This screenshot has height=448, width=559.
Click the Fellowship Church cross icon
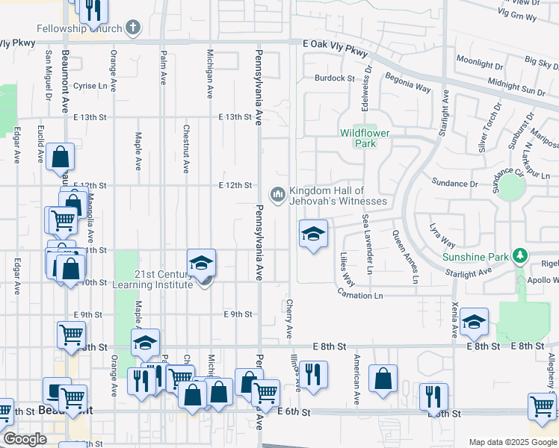(x=134, y=28)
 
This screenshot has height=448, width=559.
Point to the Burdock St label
(x=334, y=78)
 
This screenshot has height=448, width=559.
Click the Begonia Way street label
(x=408, y=82)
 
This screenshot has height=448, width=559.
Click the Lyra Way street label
(x=442, y=234)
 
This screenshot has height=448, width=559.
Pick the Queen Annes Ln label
(x=405, y=257)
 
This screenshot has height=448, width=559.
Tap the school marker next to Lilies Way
(x=314, y=234)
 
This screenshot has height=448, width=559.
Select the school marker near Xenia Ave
(x=474, y=323)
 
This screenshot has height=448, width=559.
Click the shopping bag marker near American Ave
(x=383, y=378)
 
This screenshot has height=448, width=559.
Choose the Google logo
(x=25, y=439)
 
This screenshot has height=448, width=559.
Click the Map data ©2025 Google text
(x=512, y=442)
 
